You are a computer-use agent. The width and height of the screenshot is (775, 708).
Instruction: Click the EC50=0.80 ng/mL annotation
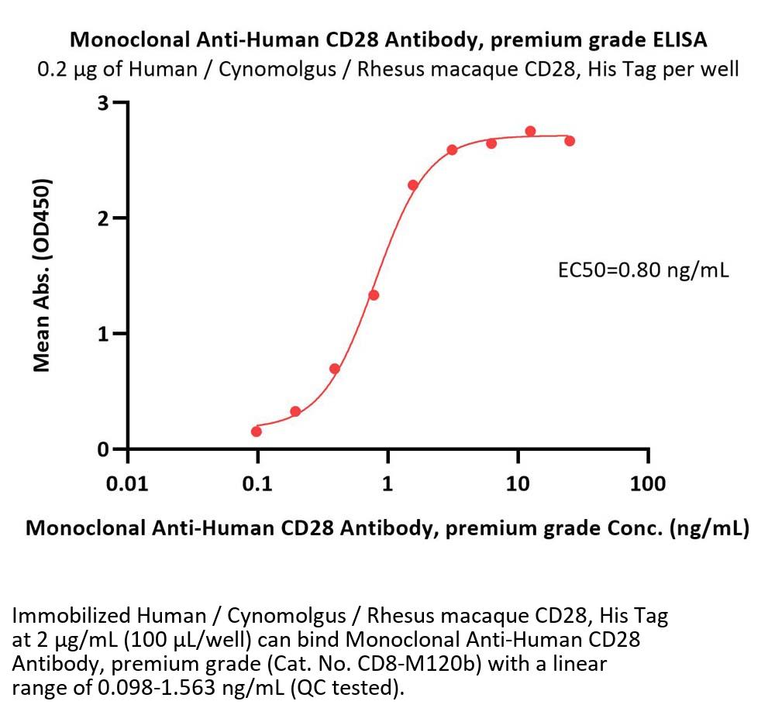[x=643, y=270]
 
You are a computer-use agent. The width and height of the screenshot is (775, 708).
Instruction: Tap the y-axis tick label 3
[x=102, y=102]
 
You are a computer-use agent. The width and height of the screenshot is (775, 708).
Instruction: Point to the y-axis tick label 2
[x=102, y=218]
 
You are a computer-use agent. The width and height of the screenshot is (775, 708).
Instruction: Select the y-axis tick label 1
[x=102, y=334]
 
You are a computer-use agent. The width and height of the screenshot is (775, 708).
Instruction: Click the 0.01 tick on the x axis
[x=127, y=484]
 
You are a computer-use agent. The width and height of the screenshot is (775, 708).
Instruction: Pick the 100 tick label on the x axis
[x=648, y=484]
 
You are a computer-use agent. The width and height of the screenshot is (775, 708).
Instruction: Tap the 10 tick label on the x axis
[x=518, y=484]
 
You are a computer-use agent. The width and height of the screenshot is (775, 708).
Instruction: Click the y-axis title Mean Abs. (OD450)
[x=43, y=275]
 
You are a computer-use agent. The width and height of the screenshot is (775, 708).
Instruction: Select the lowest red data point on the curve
[x=257, y=431]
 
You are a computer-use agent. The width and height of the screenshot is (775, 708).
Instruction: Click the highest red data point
[x=531, y=131]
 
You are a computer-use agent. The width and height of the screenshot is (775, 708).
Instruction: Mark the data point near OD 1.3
[x=374, y=295]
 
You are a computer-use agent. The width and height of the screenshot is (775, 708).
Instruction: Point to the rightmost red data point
[x=570, y=141]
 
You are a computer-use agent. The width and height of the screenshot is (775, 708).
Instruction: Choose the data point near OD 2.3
[x=413, y=185]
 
